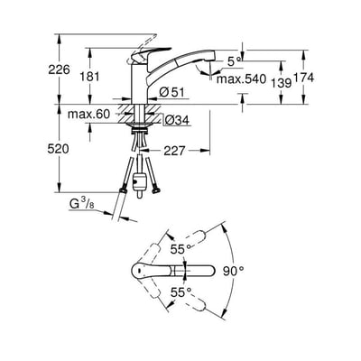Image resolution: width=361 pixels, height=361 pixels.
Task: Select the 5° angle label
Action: coord(235,61)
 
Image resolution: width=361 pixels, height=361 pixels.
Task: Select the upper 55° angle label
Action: coord(181,250)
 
